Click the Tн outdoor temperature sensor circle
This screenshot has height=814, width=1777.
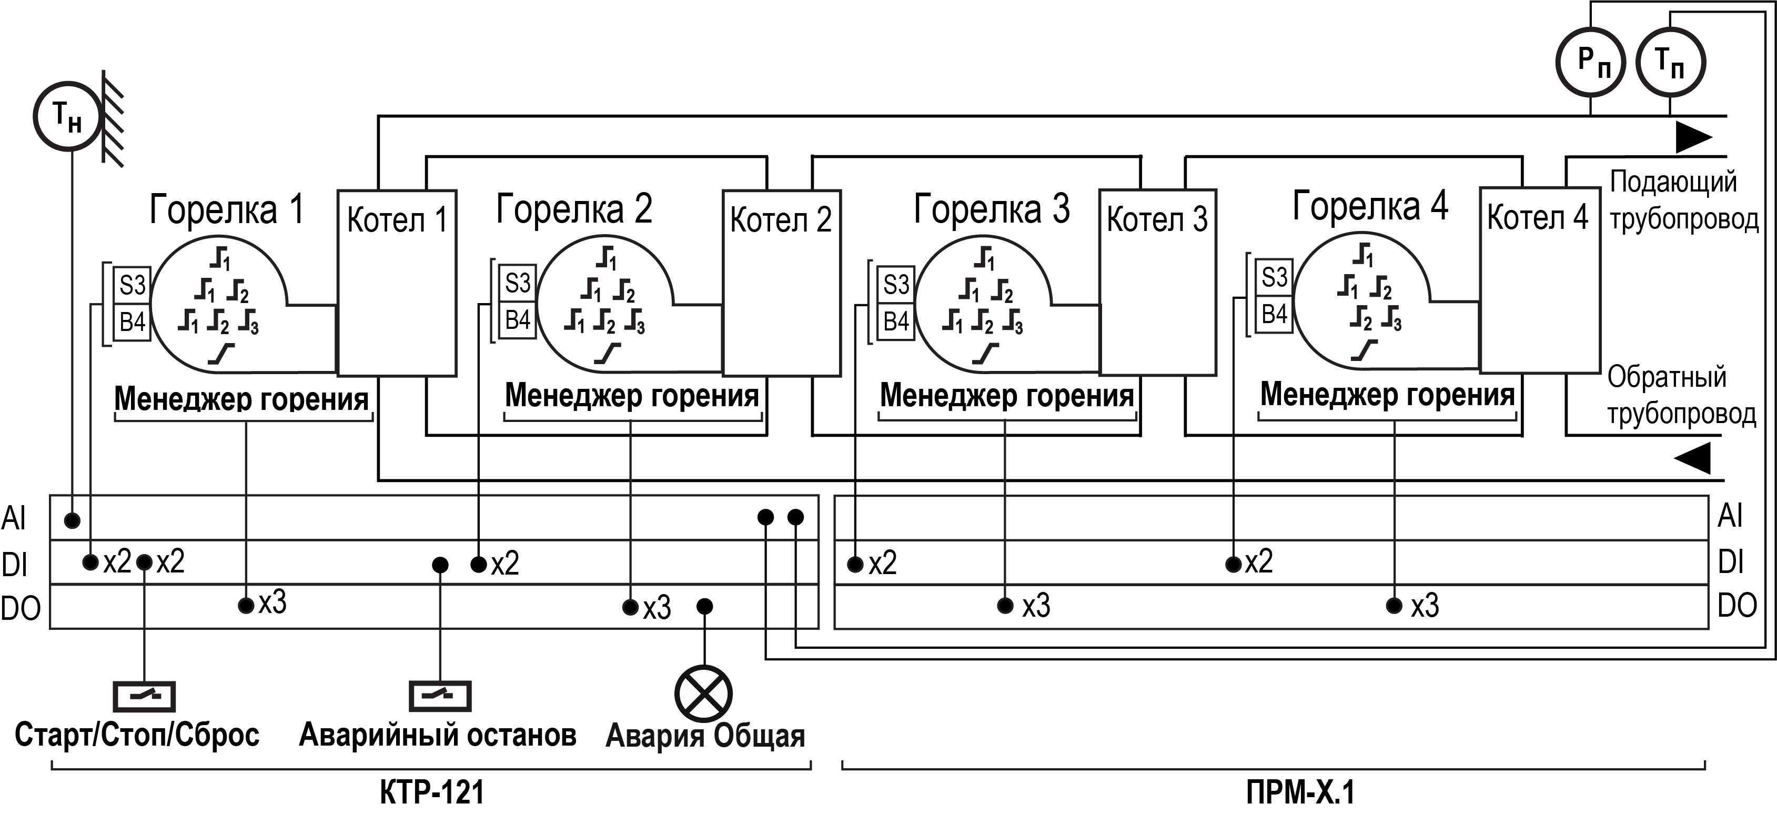68,116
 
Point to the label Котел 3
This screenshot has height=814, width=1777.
1157,220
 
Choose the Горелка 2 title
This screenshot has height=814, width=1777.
574,208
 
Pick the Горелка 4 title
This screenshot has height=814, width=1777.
1370,206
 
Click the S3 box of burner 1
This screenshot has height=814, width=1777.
132,285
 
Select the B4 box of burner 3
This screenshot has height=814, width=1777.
895,321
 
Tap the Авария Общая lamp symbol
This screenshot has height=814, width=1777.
703,694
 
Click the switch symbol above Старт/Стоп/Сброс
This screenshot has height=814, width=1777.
144,696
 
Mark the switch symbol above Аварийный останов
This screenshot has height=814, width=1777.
440,696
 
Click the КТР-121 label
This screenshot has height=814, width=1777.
432,792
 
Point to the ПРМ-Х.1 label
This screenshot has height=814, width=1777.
1300,792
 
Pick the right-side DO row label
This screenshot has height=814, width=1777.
1737,606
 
